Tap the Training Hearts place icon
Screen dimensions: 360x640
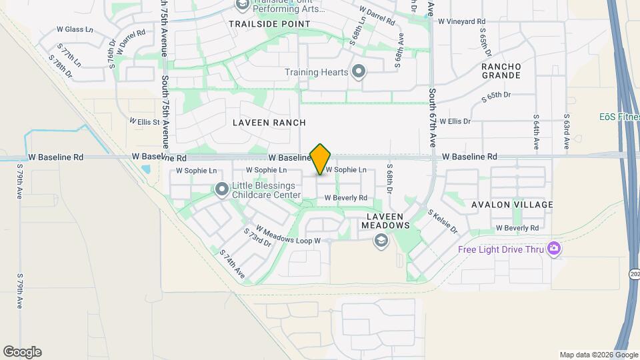click(x=359, y=71)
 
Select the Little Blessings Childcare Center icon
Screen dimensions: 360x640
click(x=221, y=191)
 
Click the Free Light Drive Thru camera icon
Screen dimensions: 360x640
click(x=553, y=249)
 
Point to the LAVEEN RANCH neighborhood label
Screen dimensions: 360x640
click(x=269, y=123)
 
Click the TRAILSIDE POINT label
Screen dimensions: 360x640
click(x=269, y=23)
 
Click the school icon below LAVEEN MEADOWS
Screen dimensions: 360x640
click(x=381, y=241)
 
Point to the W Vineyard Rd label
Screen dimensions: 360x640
click(x=461, y=21)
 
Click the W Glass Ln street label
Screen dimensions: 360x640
click(x=75, y=29)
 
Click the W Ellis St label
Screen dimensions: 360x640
click(x=144, y=122)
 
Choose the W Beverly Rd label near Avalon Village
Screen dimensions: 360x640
click(x=517, y=228)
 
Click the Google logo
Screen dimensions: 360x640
click(x=22, y=352)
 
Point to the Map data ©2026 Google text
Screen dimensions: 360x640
click(x=599, y=355)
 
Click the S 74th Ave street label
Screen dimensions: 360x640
click(x=233, y=264)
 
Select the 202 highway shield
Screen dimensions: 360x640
click(x=633, y=274)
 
